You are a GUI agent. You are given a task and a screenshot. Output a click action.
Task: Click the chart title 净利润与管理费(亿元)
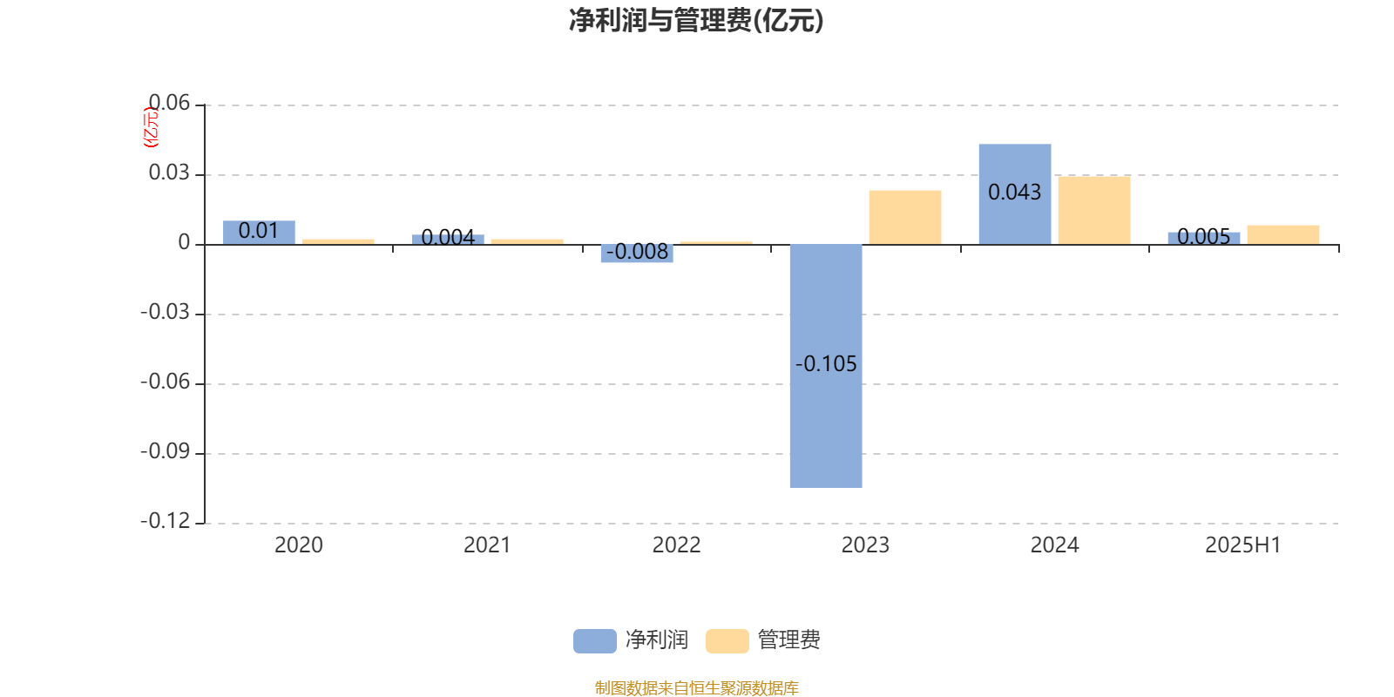(696, 20)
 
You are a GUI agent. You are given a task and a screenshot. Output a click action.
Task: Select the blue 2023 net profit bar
(826, 366)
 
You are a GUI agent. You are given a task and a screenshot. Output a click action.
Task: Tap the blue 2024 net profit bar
(1015, 194)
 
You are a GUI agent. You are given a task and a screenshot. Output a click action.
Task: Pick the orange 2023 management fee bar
(905, 217)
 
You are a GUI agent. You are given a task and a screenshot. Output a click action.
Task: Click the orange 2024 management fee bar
(1094, 210)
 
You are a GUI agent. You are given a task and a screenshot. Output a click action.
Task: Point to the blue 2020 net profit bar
(259, 233)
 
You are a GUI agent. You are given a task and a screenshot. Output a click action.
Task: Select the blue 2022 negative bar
(637, 254)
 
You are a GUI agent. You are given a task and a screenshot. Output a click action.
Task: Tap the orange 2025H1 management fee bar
(1283, 234)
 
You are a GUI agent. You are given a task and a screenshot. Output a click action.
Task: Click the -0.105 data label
(826, 363)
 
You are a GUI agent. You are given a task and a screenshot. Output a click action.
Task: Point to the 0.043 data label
(1014, 193)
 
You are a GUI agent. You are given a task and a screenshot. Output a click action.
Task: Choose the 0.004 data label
(448, 237)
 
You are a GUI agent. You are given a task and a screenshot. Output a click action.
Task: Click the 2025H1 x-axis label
(1243, 545)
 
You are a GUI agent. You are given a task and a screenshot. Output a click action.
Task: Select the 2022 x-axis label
(676, 545)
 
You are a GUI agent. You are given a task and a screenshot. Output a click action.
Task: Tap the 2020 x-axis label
(299, 545)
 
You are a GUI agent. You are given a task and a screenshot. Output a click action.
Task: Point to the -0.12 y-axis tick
(165, 521)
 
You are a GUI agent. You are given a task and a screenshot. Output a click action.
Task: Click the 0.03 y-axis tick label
(169, 173)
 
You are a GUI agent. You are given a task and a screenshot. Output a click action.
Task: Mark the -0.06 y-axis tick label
(165, 382)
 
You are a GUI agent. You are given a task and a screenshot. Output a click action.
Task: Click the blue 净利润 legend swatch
(595, 641)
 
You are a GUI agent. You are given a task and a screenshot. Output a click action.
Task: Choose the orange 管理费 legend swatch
(727, 641)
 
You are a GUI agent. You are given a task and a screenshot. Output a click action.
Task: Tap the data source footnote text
(696, 687)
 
